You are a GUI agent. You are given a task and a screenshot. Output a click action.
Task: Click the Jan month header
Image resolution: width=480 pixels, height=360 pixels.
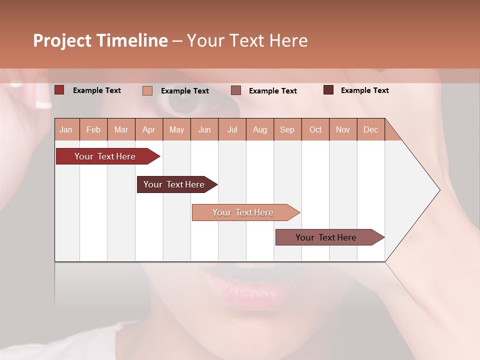[x=66, y=129]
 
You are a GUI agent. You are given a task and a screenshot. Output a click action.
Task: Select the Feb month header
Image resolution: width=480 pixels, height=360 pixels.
[x=93, y=129]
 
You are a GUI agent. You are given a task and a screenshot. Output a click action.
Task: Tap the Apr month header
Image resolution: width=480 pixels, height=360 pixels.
[x=148, y=129]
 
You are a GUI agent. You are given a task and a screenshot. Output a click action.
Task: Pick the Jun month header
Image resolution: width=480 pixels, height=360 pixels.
[x=204, y=129]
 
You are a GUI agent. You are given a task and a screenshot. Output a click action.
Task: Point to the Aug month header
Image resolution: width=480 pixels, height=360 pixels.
[x=259, y=129]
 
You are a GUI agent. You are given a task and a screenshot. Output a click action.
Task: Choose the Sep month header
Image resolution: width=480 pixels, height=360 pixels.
[x=287, y=129]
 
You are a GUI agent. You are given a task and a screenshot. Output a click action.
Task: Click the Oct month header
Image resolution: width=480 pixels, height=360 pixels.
[x=315, y=129]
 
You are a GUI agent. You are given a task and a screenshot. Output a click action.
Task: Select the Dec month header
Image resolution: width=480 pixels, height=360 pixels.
[x=370, y=129]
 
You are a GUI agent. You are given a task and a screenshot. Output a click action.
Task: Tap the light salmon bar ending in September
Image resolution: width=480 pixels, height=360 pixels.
[x=243, y=212]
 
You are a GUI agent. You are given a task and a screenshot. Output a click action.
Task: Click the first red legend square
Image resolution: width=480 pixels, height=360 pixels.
[x=59, y=90]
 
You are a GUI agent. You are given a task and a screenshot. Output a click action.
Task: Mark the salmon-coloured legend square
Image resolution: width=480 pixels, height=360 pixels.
[x=147, y=90]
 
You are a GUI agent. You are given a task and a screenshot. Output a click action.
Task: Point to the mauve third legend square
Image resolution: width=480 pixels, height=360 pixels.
[x=236, y=90]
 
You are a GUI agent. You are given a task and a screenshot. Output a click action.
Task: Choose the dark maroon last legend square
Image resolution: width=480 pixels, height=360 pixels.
[x=328, y=90]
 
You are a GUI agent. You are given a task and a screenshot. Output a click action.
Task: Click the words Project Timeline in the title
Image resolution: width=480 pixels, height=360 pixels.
[x=100, y=40]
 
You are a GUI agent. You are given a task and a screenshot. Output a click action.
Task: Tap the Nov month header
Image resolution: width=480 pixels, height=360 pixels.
[x=342, y=129]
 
